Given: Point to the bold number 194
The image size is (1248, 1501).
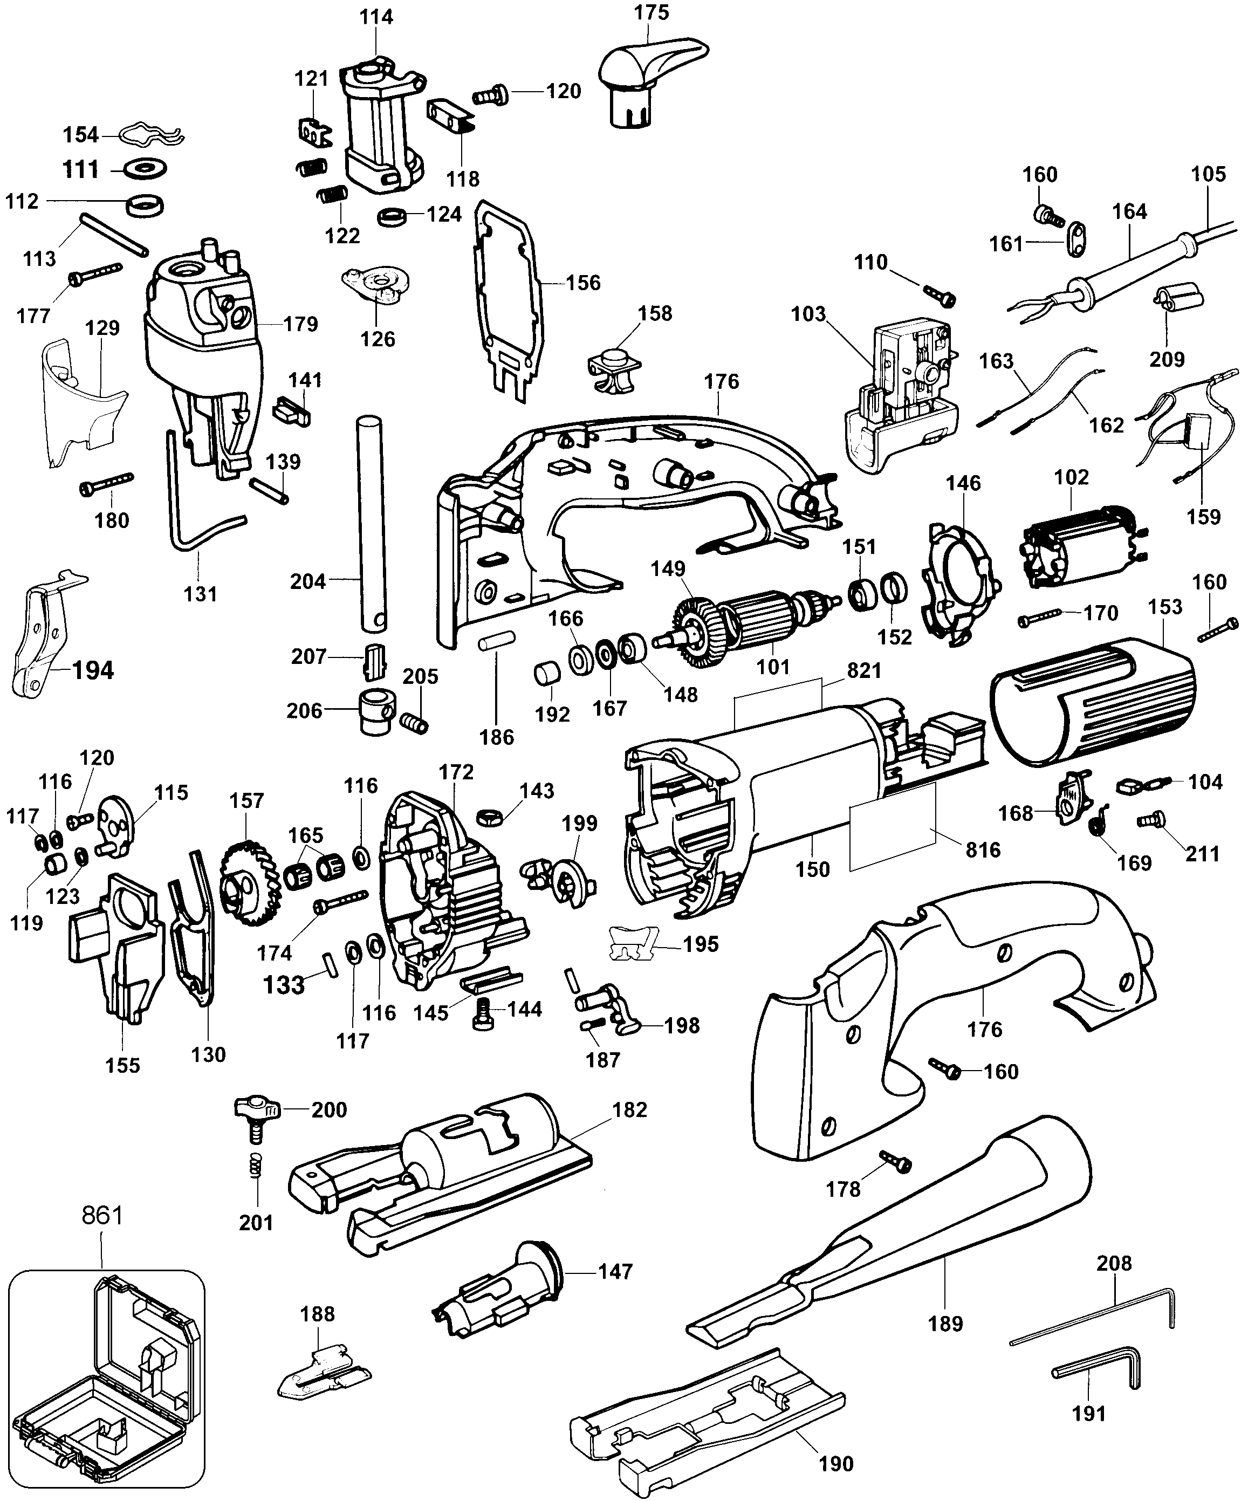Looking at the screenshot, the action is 93,670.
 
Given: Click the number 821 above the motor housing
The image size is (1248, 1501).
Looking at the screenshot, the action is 864,670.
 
